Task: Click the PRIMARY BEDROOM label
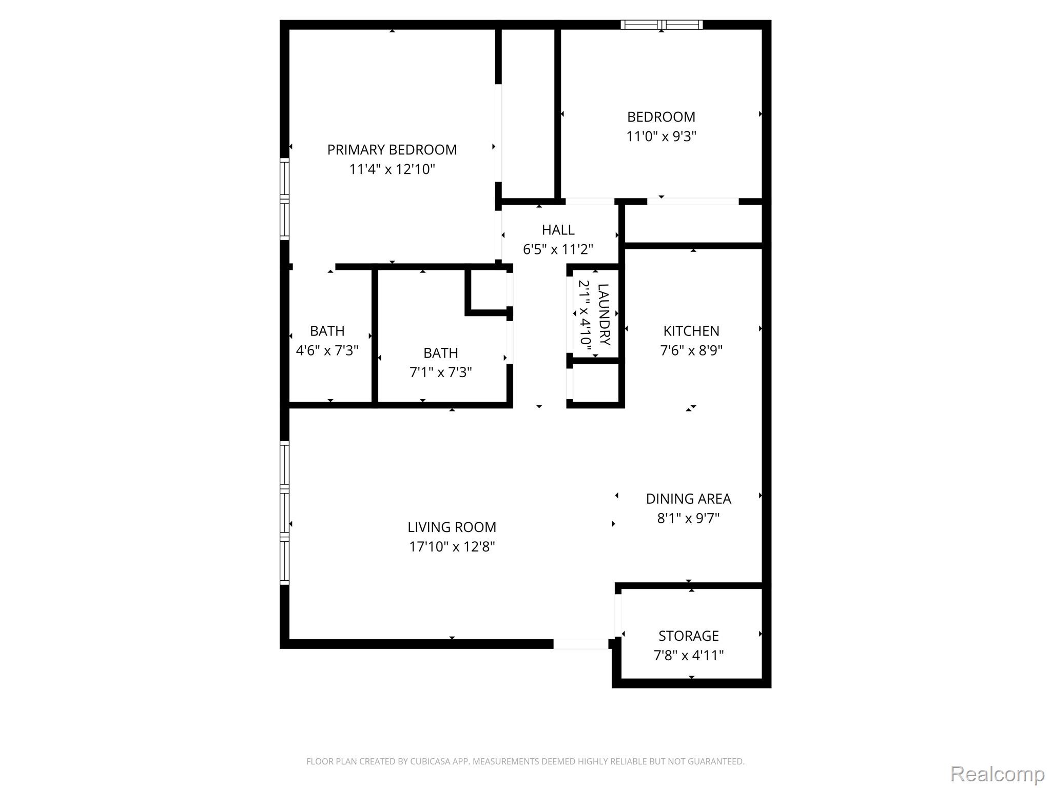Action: point(392,150)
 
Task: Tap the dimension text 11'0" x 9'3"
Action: point(661,136)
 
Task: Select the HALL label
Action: point(558,230)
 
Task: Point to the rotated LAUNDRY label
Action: point(604,314)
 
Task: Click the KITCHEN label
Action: point(691,331)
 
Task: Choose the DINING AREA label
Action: point(688,499)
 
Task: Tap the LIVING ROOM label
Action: point(452,527)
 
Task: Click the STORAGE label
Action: point(688,636)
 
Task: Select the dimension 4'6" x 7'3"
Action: point(327,350)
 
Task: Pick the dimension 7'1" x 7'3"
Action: point(440,372)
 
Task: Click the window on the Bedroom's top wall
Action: point(661,25)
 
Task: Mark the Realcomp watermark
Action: point(998,774)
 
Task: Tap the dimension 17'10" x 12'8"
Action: point(452,547)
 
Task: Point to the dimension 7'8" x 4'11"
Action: point(688,656)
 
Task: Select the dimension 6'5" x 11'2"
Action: point(558,249)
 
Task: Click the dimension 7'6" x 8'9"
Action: point(691,350)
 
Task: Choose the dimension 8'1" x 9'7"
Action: point(688,518)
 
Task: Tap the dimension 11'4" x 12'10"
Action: point(392,169)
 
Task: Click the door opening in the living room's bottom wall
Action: point(580,644)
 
